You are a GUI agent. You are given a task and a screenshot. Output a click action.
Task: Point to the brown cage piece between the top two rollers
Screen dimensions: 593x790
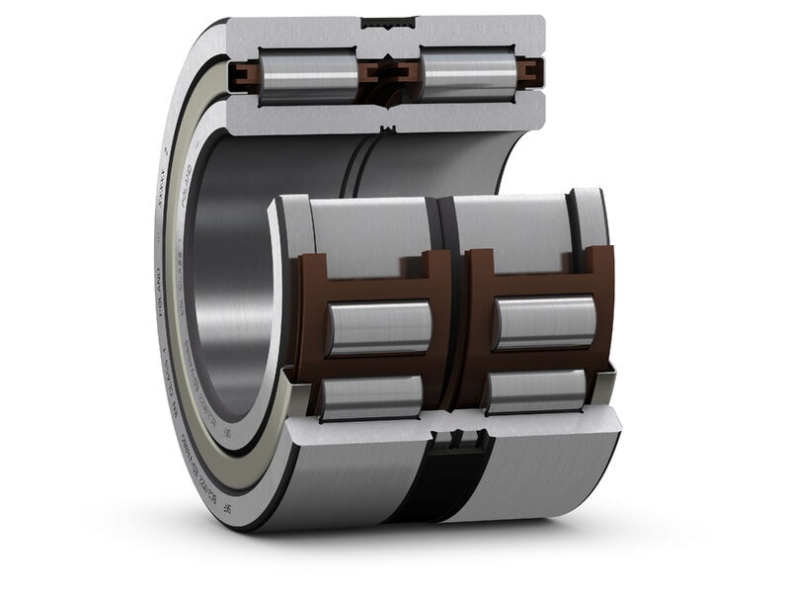pos(387,72)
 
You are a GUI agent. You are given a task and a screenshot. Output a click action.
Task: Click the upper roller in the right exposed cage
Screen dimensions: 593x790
pos(545,322)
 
